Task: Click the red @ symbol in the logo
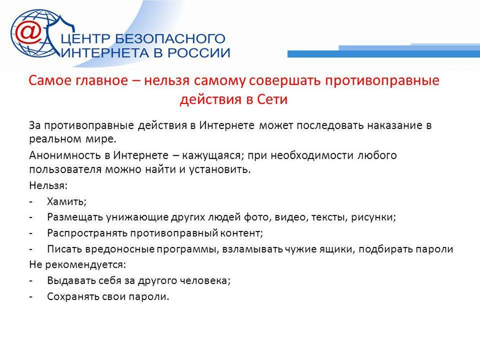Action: [29, 32]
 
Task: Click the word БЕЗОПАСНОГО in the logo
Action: [170, 39]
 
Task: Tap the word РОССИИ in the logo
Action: [199, 53]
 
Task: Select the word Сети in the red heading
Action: [272, 99]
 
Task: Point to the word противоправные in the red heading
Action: [382, 81]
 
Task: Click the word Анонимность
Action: [67, 155]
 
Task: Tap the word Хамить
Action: [67, 202]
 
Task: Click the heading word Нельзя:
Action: [48, 185]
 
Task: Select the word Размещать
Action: [75, 217]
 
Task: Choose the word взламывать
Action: [253, 249]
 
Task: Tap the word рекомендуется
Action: [85, 265]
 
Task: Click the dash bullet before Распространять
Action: [31, 233]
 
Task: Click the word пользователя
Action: [65, 169]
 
